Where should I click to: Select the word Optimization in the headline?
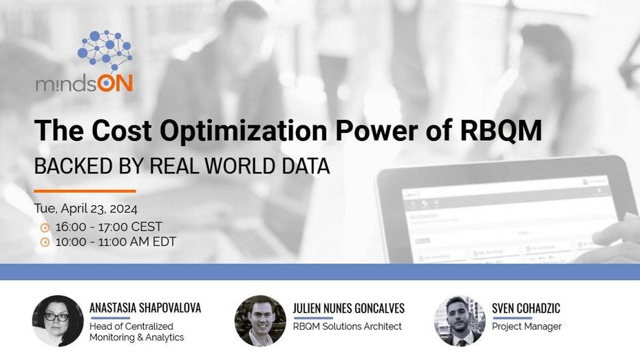[243, 131]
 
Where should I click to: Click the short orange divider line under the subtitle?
[85, 191]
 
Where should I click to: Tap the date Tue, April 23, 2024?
[86, 209]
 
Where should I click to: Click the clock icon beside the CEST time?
[45, 227]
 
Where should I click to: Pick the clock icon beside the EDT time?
[45, 242]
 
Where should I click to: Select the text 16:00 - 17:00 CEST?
[109, 226]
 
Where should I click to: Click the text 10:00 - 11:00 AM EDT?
[116, 242]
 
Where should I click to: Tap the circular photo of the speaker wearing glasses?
[58, 321]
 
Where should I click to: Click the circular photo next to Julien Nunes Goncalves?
[260, 321]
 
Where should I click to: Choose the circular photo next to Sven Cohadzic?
[460, 321]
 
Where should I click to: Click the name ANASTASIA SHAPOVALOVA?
[145, 308]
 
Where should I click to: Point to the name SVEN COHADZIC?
[526, 308]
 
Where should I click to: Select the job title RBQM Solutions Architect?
[348, 326]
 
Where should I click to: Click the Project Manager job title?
[526, 326]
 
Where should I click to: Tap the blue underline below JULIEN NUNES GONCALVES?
[313, 318]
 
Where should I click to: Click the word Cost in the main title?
[122, 131]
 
